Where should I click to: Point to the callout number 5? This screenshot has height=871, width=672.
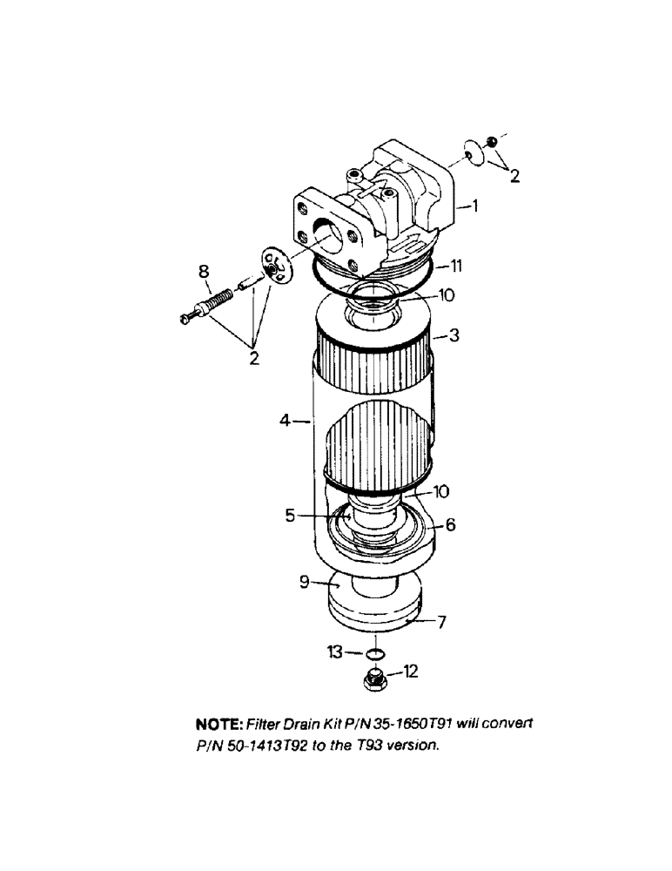point(290,515)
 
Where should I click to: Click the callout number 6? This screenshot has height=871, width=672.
point(450,525)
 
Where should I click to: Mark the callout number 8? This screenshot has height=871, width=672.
point(205,272)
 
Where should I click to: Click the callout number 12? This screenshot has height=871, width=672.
point(411,671)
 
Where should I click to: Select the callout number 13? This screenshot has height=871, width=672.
point(334,652)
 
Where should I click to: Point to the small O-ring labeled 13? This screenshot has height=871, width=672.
point(374,653)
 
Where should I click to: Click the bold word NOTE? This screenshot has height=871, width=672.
point(220,725)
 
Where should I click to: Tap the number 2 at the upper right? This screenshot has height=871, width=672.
point(514,177)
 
